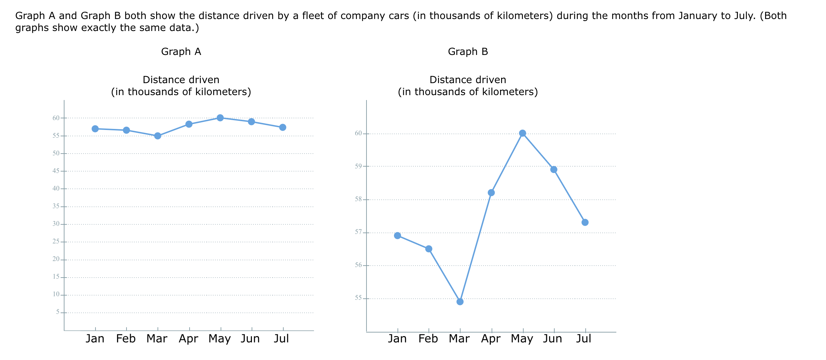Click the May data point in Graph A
pos(220,118)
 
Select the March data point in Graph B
pos(460,302)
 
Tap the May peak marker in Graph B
pos(523,133)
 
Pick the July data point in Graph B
pos(585,222)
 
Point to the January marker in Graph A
pos(95,129)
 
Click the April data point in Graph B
pos(491,192)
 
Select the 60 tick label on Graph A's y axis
pos(56,118)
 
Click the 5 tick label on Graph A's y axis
pos(58,312)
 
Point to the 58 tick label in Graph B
pos(358,199)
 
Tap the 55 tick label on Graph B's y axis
pos(358,298)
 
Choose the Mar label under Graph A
pos(157,339)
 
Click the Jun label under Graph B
pos(553,339)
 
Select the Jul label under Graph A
pos(281,339)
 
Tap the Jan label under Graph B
pos(397,339)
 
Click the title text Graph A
pos(181,52)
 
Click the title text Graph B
pos(468,52)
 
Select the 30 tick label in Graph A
pos(56,224)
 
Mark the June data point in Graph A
pos(251,122)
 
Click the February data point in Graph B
pos(429,249)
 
